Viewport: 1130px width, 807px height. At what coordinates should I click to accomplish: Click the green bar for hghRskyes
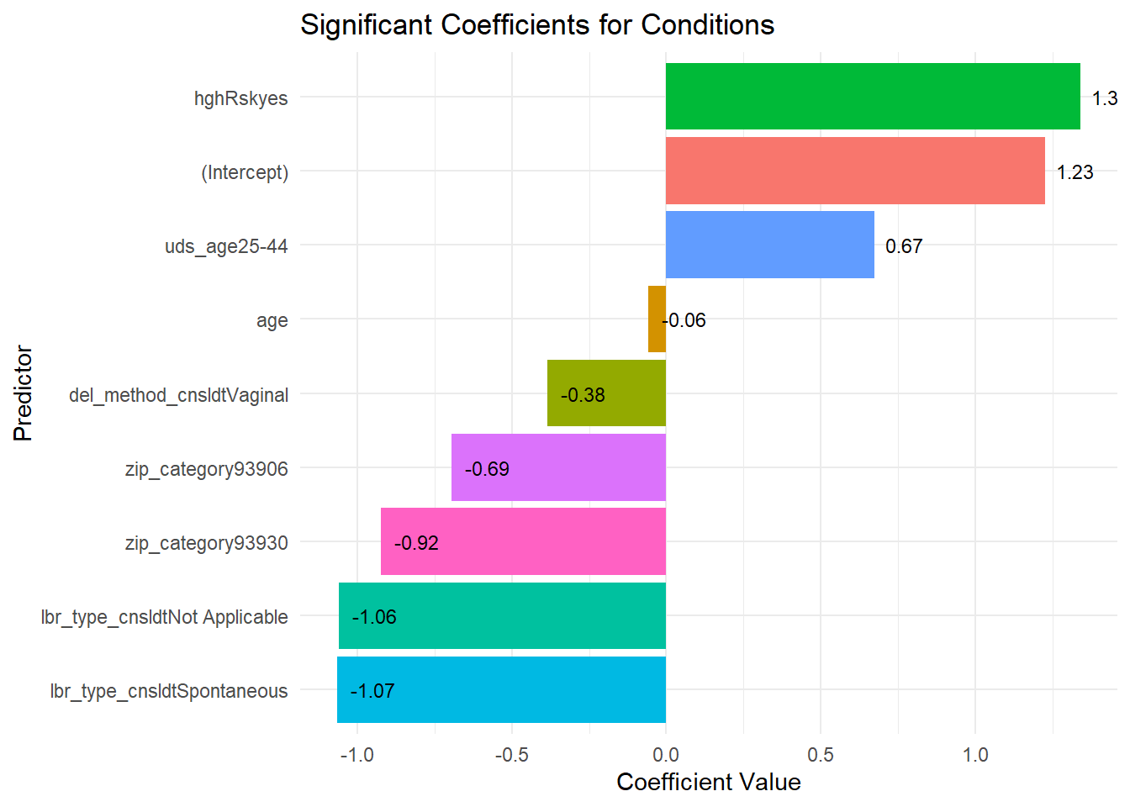coord(873,97)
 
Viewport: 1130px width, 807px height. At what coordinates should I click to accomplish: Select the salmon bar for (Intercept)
coord(855,171)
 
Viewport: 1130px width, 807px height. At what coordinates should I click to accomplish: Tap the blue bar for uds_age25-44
coord(769,245)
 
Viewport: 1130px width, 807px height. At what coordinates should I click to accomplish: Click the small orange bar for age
coord(657,319)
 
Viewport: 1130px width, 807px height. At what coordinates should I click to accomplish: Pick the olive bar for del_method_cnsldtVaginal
coord(622,393)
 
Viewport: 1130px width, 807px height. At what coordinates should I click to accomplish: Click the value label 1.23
coord(1075,172)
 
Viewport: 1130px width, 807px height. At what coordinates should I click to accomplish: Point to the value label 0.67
coord(904,246)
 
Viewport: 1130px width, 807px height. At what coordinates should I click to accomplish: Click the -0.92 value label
coord(416,543)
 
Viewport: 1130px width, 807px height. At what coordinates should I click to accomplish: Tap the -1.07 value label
coord(372,691)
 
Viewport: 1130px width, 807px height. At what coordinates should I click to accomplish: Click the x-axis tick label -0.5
coord(511,754)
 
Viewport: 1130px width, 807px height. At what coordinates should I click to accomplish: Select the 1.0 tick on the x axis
coord(975,754)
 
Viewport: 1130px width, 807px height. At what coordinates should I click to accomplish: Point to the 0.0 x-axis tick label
coord(666,754)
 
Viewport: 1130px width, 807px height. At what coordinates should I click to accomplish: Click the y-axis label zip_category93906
coord(206,469)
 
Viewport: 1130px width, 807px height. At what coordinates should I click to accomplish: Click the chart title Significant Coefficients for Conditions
coord(537,25)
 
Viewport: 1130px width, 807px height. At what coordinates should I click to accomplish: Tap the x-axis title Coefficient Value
coord(708,782)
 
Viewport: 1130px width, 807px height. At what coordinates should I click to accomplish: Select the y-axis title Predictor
coord(23,393)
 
